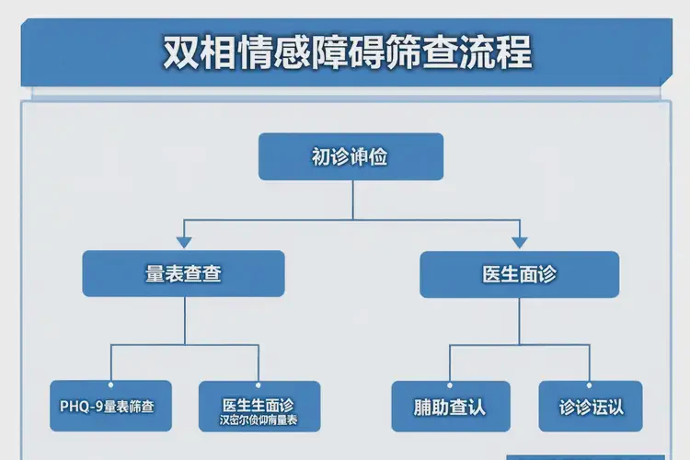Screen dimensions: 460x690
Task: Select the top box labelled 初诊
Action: pyautogui.click(x=351, y=156)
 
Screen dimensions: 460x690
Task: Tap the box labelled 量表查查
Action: pyautogui.click(x=183, y=273)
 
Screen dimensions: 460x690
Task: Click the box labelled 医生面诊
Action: pyautogui.click(x=519, y=274)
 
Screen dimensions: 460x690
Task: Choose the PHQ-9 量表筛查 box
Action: pyautogui.click(x=109, y=406)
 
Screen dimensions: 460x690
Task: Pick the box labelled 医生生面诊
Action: pyautogui.click(x=259, y=406)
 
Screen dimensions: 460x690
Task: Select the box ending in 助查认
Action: pyautogui.click(x=450, y=406)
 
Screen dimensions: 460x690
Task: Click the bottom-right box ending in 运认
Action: pyautogui.click(x=590, y=406)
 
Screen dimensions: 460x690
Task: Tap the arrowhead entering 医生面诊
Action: pyautogui.click(x=519, y=243)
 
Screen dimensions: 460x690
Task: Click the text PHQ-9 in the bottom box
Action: pyautogui.click(x=79, y=406)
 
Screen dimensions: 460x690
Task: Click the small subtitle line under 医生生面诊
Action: pyautogui.click(x=259, y=420)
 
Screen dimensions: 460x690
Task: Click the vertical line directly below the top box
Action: pyautogui.click(x=351, y=199)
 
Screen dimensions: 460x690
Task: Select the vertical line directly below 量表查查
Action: pyautogui.click(x=184, y=320)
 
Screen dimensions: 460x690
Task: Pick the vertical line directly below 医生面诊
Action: pyautogui.click(x=519, y=320)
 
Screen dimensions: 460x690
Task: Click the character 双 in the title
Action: pyautogui.click(x=180, y=52)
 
